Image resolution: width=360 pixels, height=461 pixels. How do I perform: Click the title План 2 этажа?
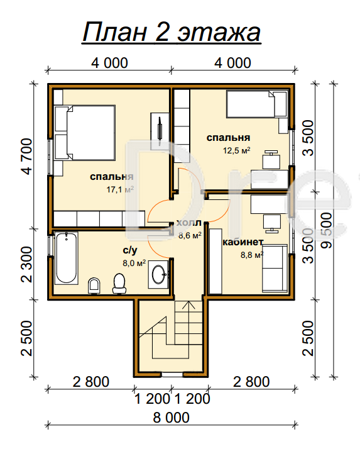tap(172, 32)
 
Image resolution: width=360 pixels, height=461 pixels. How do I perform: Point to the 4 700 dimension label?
tap(27, 157)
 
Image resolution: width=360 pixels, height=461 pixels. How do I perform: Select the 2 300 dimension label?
tap(27, 264)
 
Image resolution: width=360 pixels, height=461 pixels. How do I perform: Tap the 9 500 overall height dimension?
tap(327, 231)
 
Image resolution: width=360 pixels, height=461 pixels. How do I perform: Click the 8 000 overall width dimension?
tap(172, 418)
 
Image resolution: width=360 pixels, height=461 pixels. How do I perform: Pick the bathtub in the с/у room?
tap(67, 258)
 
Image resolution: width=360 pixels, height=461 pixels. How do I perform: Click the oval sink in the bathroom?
tap(159, 274)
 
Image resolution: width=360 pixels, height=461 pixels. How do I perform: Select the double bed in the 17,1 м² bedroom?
tap(85, 133)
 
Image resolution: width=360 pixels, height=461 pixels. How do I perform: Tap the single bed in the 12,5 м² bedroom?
tap(256, 104)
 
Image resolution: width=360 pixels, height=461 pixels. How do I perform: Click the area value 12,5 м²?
tap(236, 150)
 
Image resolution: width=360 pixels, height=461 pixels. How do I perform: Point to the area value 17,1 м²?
tap(120, 189)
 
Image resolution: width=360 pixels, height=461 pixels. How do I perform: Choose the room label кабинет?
tap(243, 242)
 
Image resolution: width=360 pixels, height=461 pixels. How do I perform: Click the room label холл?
tap(189, 223)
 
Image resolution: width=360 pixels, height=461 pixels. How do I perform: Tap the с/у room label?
tap(130, 250)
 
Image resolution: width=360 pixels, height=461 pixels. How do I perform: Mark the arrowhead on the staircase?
tap(188, 304)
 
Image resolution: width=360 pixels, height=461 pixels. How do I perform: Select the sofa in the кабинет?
tap(275, 268)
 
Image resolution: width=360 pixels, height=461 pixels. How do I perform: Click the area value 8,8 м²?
tap(252, 255)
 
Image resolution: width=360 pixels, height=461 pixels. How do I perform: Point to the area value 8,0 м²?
tap(134, 263)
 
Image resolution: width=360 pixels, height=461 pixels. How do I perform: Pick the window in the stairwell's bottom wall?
tap(172, 374)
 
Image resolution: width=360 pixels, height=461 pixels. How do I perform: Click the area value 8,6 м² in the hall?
tap(190, 235)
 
